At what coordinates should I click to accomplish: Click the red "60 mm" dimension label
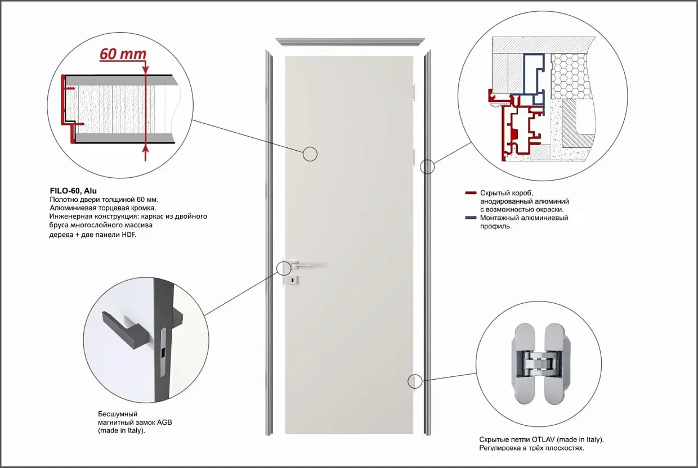[123, 55]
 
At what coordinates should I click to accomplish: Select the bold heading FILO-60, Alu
[73, 191]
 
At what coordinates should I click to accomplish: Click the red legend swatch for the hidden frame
[471, 193]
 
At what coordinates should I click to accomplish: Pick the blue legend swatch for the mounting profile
[471, 218]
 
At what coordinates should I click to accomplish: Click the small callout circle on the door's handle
[284, 268]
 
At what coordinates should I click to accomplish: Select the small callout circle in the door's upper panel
[310, 154]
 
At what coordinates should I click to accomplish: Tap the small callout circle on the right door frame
[427, 167]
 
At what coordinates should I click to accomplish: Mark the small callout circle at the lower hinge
[415, 381]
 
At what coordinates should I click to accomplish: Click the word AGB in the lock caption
[164, 422]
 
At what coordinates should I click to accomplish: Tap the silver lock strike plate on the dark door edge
[163, 352]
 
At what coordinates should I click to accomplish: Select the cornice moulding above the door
[350, 42]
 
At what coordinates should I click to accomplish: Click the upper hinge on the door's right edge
[414, 92]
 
